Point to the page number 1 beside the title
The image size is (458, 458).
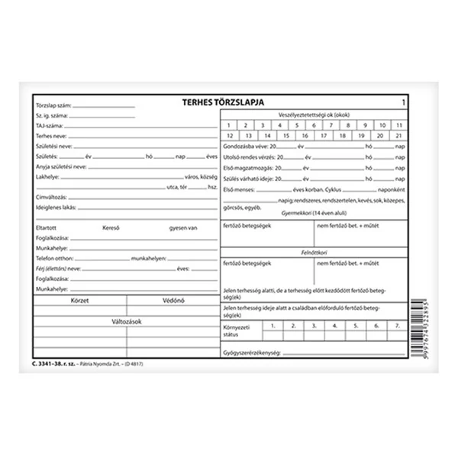[402, 101]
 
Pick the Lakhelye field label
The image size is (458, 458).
[47, 175]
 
